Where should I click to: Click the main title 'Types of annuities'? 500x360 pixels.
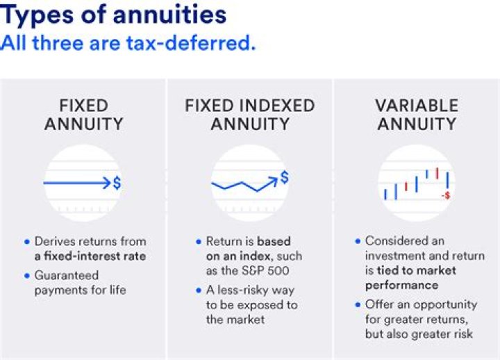[114, 15]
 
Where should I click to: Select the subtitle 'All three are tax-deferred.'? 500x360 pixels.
[128, 42]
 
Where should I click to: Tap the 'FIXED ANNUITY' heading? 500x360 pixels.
[83, 115]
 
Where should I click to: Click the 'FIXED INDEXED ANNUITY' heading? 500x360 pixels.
[249, 115]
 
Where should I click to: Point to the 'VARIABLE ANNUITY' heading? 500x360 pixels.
[417, 115]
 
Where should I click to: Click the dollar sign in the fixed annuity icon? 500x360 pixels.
[117, 183]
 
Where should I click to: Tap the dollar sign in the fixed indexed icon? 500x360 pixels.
[284, 178]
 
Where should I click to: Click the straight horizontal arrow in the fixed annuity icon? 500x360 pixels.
[76, 183]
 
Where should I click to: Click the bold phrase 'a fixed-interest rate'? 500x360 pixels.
[90, 256]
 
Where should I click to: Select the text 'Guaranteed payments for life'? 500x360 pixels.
[80, 283]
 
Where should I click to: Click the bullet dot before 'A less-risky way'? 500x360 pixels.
[199, 291]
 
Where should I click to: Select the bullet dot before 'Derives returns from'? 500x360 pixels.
[27, 242]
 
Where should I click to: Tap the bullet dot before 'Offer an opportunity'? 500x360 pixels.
[358, 305]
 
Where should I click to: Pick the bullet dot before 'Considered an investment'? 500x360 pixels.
[358, 242]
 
